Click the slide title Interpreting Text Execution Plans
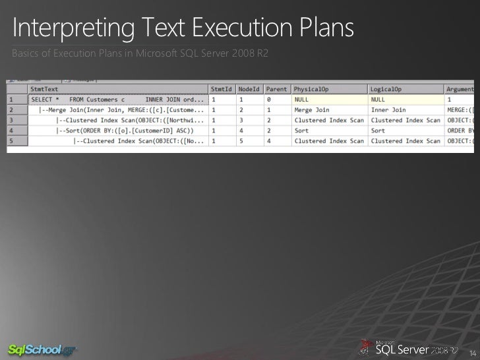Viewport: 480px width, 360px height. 183,28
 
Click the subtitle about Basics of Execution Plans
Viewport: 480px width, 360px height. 138,53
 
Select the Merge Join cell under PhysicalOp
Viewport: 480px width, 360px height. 313,110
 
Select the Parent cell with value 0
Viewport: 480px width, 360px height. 271,100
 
